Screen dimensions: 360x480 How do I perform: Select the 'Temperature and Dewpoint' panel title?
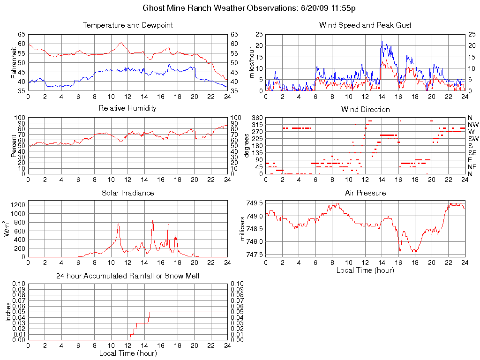pyautogui.click(x=127, y=25)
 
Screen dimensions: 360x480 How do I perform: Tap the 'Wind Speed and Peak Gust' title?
pyautogui.click(x=365, y=25)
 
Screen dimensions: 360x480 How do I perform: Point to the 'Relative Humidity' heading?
pyautogui.click(x=127, y=108)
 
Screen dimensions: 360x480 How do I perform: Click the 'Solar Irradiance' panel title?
pyautogui.click(x=127, y=193)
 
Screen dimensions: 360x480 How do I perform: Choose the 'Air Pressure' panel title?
pyautogui.click(x=365, y=193)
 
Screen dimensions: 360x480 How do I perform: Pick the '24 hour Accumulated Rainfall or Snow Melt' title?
pyautogui.click(x=127, y=276)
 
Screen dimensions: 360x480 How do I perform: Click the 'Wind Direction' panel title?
pyautogui.click(x=365, y=109)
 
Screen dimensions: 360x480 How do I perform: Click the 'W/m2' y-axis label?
pyautogui.click(x=8, y=229)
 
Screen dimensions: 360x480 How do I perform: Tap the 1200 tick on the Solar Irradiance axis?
pyautogui.click(x=18, y=205)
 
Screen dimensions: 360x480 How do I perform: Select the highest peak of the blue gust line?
pyautogui.click(x=382, y=42)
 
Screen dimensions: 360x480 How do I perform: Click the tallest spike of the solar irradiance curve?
pyautogui.click(x=152, y=220)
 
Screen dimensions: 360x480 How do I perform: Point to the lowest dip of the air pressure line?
pyautogui.click(x=400, y=251)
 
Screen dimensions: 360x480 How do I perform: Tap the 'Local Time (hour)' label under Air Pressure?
pyautogui.click(x=365, y=270)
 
